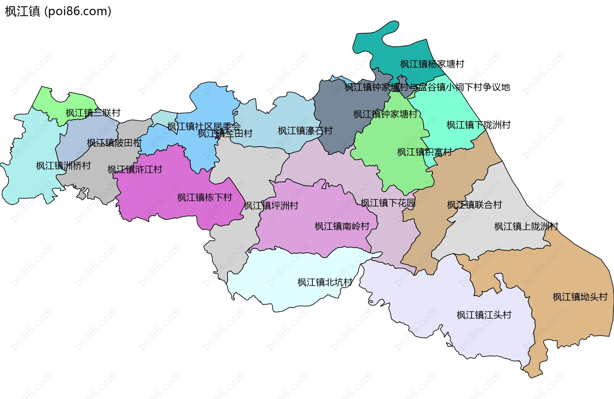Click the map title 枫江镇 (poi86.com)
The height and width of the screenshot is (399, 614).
(x=58, y=12)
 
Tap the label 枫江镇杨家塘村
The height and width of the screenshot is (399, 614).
(x=432, y=64)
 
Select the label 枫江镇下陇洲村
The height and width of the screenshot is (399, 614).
(x=478, y=125)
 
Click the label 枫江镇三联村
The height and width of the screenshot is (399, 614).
(x=93, y=113)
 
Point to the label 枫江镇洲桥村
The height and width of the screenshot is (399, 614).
(x=63, y=166)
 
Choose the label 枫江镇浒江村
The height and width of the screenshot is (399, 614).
(x=135, y=169)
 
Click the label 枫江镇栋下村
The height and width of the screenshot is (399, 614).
(x=205, y=198)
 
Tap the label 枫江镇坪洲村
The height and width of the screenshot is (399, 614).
(x=271, y=206)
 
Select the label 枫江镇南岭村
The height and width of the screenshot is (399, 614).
(x=342, y=226)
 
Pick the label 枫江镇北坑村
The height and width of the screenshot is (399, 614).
(x=325, y=282)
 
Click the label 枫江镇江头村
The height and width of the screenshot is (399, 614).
(x=484, y=315)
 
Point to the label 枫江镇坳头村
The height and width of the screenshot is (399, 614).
(x=580, y=297)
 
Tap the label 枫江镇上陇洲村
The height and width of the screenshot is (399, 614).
(x=526, y=227)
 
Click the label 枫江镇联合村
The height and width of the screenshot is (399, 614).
(x=475, y=205)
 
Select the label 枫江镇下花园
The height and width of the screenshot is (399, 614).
(x=388, y=203)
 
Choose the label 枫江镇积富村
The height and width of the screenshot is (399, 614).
(x=425, y=152)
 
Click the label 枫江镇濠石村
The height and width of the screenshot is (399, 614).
(x=305, y=131)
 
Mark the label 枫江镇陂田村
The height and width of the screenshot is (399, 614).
(x=114, y=143)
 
